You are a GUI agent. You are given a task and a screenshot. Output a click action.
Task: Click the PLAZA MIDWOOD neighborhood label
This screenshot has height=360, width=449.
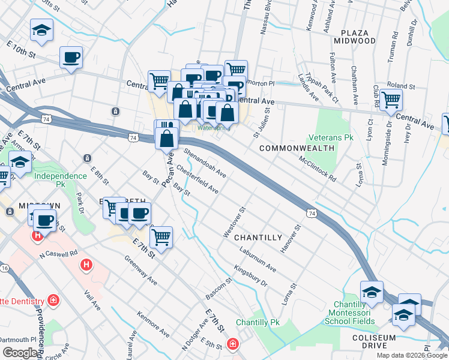click(x=358, y=36)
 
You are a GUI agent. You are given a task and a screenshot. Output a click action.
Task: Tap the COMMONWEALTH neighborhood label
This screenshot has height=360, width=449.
click(x=297, y=148)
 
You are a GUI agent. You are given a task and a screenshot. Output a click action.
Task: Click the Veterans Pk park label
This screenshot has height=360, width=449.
click(x=330, y=137)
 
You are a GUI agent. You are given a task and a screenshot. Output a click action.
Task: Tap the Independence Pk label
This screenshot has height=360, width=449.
click(x=61, y=176)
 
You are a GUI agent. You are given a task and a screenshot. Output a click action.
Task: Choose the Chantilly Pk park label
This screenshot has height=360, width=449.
click(x=258, y=322)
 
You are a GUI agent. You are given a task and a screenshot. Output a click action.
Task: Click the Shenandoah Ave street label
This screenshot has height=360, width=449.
click(x=205, y=163)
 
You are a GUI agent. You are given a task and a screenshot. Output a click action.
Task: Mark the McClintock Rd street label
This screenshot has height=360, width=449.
click(x=317, y=169)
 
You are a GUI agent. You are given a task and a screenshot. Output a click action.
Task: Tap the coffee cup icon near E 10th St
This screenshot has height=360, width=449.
click(x=71, y=58)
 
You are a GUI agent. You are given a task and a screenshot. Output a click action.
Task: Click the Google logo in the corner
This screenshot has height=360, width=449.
click(x=21, y=353)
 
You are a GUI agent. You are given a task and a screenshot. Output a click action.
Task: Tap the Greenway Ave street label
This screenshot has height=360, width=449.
click(x=141, y=270)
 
